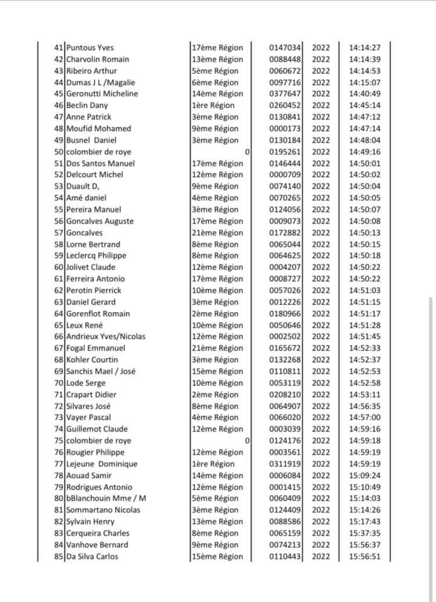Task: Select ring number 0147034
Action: (x=285, y=48)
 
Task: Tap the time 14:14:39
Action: (x=364, y=59)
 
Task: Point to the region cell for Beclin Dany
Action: (x=213, y=105)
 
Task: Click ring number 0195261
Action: (x=285, y=151)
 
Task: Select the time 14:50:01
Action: (x=364, y=163)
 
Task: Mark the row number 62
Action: (x=58, y=291)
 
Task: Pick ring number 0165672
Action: (x=285, y=348)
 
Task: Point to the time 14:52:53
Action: (x=364, y=371)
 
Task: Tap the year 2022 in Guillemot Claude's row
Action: (x=321, y=429)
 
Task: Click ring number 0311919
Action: (x=285, y=464)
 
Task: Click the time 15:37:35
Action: (x=364, y=533)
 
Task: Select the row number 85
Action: (x=58, y=556)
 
